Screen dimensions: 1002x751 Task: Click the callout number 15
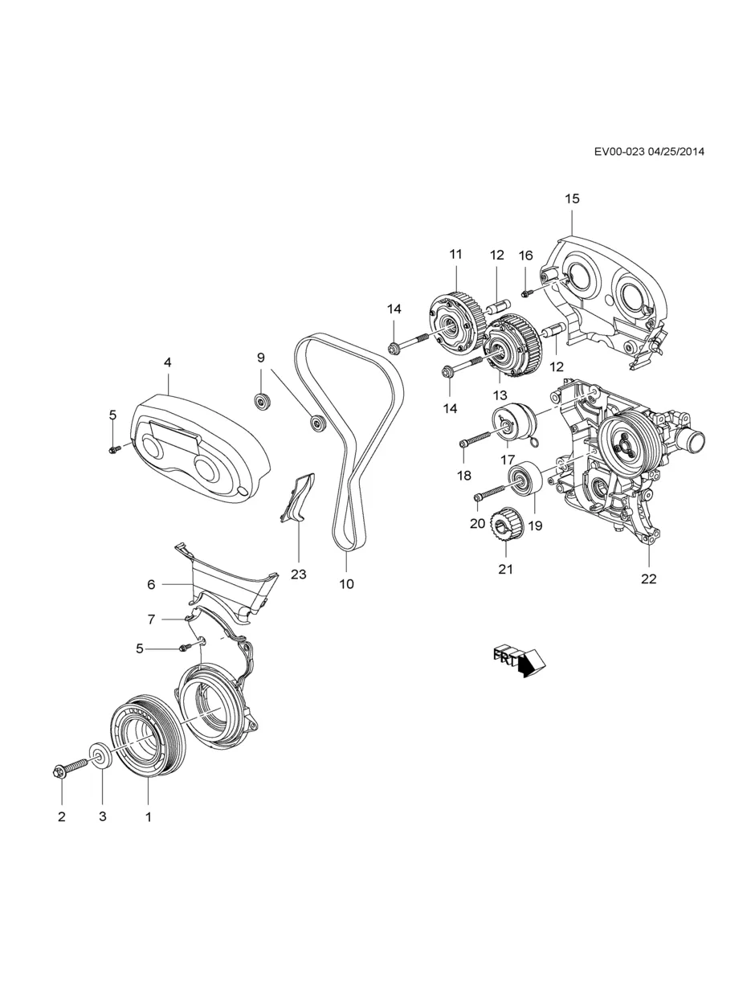[x=571, y=198]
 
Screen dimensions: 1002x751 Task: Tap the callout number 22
[x=648, y=579]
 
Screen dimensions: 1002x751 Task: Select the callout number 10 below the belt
[x=346, y=584]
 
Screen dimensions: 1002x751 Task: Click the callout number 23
[x=299, y=575]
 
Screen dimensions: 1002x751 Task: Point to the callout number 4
[x=167, y=362]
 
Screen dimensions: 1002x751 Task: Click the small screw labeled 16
[x=526, y=292]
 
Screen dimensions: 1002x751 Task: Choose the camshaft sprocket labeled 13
[x=508, y=347]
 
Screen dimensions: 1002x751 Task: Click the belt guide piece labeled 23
[x=297, y=499]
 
